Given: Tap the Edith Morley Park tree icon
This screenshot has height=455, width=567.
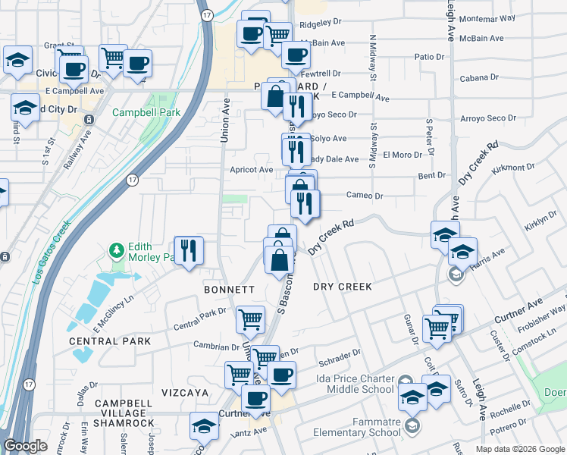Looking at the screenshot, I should [x=116, y=249].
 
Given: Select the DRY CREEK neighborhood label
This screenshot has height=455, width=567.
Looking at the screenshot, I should [x=343, y=287].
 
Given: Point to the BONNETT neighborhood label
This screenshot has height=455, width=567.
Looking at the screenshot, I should [x=228, y=290].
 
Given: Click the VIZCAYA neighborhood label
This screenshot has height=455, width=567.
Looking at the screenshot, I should [x=184, y=392].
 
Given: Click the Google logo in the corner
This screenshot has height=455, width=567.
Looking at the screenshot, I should [x=26, y=446].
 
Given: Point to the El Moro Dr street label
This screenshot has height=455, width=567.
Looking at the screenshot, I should [x=402, y=155].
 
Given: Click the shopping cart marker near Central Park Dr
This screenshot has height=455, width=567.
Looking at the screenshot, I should [x=250, y=320].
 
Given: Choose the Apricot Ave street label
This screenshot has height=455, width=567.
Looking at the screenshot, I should [x=252, y=170].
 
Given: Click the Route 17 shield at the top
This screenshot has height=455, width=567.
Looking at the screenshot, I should [x=206, y=15].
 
